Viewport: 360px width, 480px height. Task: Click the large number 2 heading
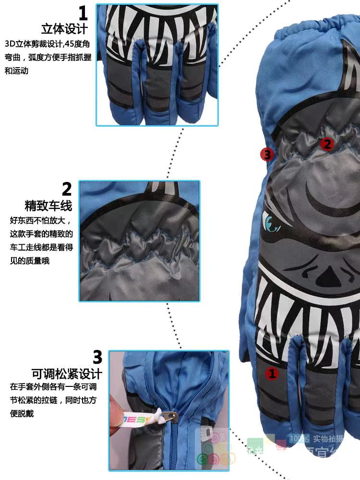[x=67, y=189]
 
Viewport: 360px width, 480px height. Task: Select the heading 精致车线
[x=48, y=206]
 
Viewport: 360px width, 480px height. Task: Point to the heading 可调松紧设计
[x=67, y=373]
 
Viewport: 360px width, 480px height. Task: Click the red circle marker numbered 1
[x=272, y=373]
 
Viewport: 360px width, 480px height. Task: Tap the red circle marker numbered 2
[x=327, y=144]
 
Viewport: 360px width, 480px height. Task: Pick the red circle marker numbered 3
[x=267, y=155]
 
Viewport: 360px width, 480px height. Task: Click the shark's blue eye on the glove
[x=271, y=222]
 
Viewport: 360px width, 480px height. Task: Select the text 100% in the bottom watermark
[x=299, y=438]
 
